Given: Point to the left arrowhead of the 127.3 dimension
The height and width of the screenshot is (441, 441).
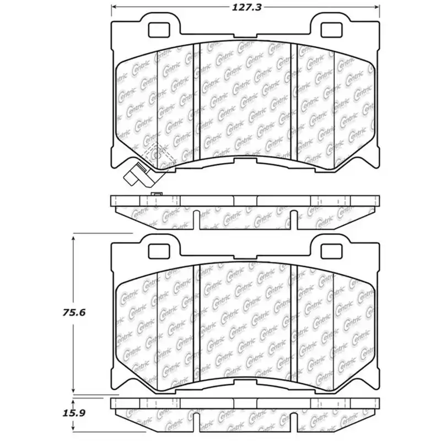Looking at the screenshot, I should [115, 8].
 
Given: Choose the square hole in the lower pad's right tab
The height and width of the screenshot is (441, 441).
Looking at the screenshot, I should [332, 250].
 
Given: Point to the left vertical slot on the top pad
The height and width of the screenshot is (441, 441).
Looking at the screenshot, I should [196, 99].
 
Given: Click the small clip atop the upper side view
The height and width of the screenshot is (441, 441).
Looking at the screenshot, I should [157, 194].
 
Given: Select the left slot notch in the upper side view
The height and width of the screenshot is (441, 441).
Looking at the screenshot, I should [197, 218].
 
